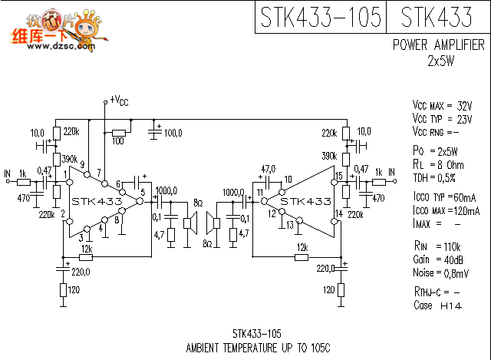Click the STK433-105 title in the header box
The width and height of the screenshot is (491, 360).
(321, 17)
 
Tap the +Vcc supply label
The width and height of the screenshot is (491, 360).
(119, 101)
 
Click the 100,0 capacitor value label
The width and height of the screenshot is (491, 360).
(173, 134)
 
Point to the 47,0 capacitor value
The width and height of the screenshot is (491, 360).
(268, 168)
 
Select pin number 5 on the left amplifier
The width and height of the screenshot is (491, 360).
(143, 192)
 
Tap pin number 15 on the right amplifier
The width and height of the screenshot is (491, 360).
(338, 177)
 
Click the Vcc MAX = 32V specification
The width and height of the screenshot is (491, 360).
(443, 105)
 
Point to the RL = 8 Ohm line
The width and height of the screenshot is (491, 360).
(438, 164)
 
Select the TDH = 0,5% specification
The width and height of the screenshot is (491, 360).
(433, 178)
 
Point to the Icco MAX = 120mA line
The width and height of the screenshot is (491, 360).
(446, 210)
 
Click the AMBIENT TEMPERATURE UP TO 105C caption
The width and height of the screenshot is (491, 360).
(257, 347)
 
